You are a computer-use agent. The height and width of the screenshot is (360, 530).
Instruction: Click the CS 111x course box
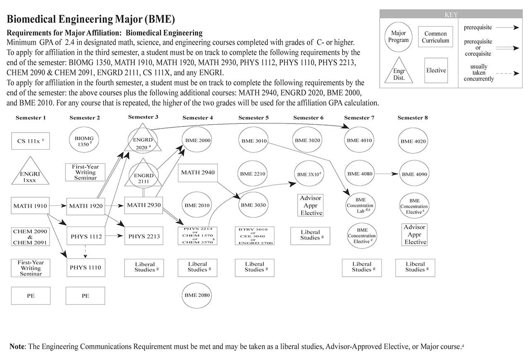[x=30, y=141]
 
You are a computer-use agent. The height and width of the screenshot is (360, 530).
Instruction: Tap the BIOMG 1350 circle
[x=85, y=141]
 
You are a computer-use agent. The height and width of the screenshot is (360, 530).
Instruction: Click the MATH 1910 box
[x=30, y=205]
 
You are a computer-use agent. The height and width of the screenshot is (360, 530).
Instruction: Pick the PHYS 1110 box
[x=85, y=267]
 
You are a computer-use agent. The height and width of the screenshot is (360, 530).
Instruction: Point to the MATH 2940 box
[x=198, y=172]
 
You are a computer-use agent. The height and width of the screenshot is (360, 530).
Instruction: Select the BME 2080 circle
[x=198, y=295]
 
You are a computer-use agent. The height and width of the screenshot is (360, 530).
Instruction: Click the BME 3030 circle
[x=253, y=205]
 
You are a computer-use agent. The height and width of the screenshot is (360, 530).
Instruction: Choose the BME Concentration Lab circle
[x=360, y=205]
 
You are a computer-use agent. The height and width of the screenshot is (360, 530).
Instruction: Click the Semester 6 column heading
[x=308, y=118]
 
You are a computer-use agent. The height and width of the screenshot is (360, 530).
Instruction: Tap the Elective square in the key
[x=436, y=70]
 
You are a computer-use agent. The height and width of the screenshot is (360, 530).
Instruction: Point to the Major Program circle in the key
[x=398, y=37]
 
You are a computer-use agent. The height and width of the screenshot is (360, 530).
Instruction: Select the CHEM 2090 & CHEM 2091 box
[x=30, y=237]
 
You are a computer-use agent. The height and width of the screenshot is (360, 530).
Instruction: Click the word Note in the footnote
[x=17, y=346]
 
